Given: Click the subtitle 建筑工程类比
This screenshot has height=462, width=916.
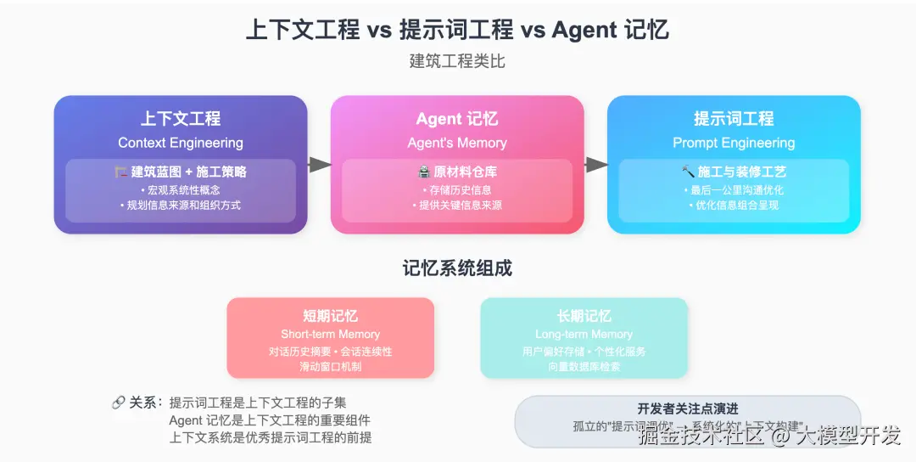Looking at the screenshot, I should click(x=457, y=62).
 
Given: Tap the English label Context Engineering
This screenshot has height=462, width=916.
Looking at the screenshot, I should click(x=181, y=143).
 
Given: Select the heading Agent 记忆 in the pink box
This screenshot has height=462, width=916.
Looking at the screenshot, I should click(x=457, y=119).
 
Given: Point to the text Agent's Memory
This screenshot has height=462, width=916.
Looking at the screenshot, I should click(x=457, y=143).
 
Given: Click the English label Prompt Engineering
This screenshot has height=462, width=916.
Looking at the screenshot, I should click(x=734, y=143).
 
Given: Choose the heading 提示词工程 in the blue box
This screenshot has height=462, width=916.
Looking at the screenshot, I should click(x=734, y=119).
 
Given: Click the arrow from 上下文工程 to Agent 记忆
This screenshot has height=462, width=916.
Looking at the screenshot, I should click(x=319, y=165).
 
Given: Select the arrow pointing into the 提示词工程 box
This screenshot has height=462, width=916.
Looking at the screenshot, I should click(x=596, y=165).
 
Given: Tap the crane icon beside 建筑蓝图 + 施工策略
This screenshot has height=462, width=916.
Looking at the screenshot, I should click(x=121, y=172).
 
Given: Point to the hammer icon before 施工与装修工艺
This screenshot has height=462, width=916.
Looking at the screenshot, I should click(x=688, y=172).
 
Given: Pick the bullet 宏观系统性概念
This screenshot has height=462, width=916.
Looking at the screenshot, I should click(x=181, y=189).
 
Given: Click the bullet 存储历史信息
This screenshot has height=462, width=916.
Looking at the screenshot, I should click(x=457, y=189).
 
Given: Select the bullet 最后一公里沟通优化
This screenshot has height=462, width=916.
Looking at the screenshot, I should click(x=734, y=189).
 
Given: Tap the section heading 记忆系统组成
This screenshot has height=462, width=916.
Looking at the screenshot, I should click(x=457, y=269).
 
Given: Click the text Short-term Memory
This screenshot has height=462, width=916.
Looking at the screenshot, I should click(x=330, y=335).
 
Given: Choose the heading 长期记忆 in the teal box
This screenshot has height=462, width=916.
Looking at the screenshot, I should click(x=584, y=316).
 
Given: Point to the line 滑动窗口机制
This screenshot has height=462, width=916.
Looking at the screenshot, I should click(x=330, y=367).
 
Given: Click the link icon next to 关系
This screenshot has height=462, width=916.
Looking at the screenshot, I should click(x=119, y=403).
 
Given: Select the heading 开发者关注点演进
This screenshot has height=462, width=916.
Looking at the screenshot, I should click(x=688, y=409).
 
